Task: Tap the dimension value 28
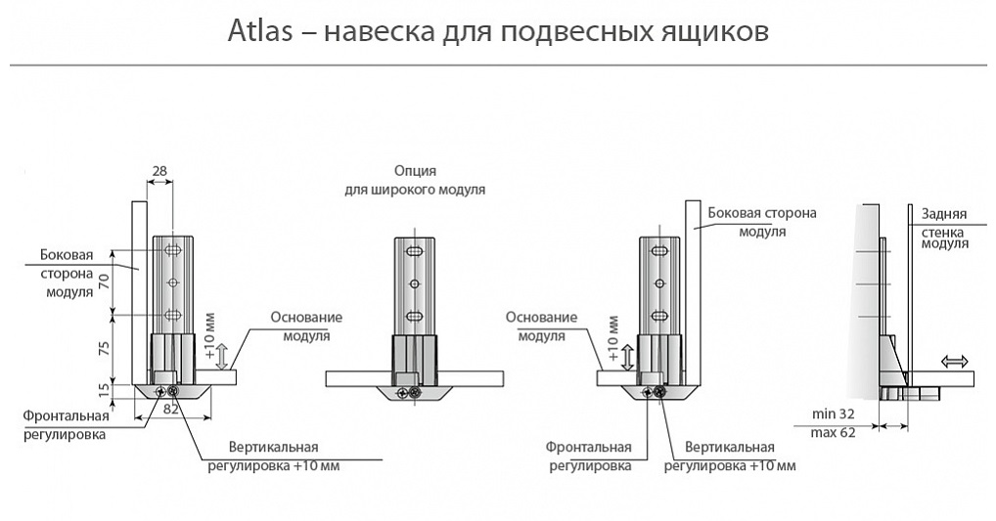tap(159, 171)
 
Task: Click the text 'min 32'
tap(834, 412)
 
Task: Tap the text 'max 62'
tap(834, 432)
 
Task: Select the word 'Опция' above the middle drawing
tap(415, 170)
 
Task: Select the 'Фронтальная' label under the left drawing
tap(67, 415)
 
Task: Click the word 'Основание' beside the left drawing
tap(305, 318)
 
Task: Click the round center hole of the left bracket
tap(172, 282)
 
